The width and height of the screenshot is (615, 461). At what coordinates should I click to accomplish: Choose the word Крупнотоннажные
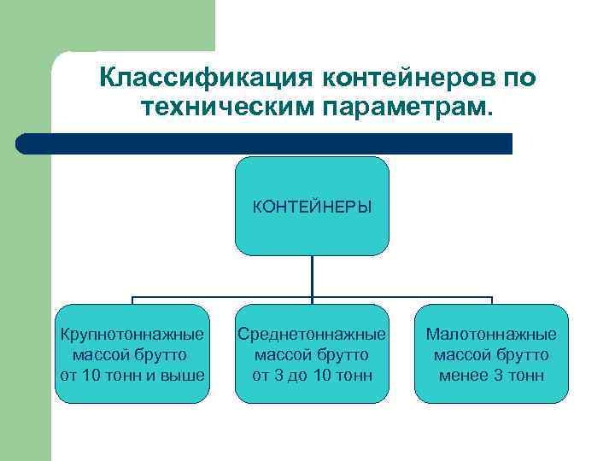click(x=132, y=334)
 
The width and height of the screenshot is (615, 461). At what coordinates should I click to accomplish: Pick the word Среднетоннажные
click(x=312, y=334)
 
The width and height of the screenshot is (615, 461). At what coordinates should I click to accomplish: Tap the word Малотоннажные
click(x=491, y=334)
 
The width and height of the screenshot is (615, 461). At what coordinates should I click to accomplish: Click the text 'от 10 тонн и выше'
click(x=132, y=375)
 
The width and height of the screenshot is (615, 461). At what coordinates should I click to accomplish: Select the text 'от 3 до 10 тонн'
click(x=312, y=375)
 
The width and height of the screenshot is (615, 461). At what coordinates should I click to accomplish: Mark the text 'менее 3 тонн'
click(x=491, y=375)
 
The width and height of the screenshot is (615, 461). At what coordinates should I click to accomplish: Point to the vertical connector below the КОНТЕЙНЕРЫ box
click(x=312, y=277)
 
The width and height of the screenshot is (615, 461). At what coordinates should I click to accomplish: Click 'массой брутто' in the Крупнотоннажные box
click(x=132, y=354)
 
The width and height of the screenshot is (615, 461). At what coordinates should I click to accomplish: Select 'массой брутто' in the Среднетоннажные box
click(x=312, y=354)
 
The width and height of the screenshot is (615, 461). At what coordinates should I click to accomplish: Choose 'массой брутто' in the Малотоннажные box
click(x=491, y=354)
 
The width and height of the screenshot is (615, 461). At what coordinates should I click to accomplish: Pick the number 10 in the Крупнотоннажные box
click(x=91, y=375)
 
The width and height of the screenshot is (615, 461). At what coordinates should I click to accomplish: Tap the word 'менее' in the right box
click(x=462, y=375)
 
